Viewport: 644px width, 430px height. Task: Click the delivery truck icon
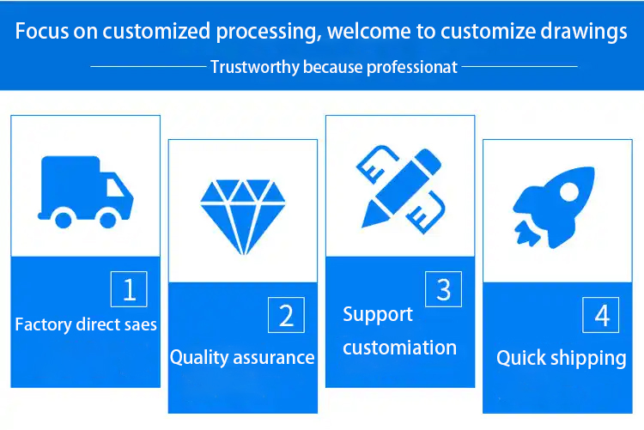(85, 191)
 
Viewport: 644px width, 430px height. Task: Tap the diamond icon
(243, 217)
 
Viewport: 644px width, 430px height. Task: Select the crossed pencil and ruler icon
(401, 190)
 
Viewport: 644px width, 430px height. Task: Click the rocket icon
(553, 207)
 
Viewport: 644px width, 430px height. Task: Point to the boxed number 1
(129, 289)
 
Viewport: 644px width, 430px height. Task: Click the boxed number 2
(286, 315)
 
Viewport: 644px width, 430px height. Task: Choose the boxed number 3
(444, 289)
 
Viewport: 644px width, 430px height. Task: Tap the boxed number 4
(601, 315)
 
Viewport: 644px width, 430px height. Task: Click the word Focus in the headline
(42, 31)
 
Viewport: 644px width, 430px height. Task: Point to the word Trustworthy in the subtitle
(255, 67)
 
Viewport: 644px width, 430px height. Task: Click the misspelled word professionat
(412, 68)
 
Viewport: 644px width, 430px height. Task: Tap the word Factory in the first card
(44, 325)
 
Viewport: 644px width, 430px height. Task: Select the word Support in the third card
(378, 315)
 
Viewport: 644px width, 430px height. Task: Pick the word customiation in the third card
(399, 348)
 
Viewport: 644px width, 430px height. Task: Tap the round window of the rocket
(569, 191)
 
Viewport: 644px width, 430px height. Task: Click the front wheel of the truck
(108, 220)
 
